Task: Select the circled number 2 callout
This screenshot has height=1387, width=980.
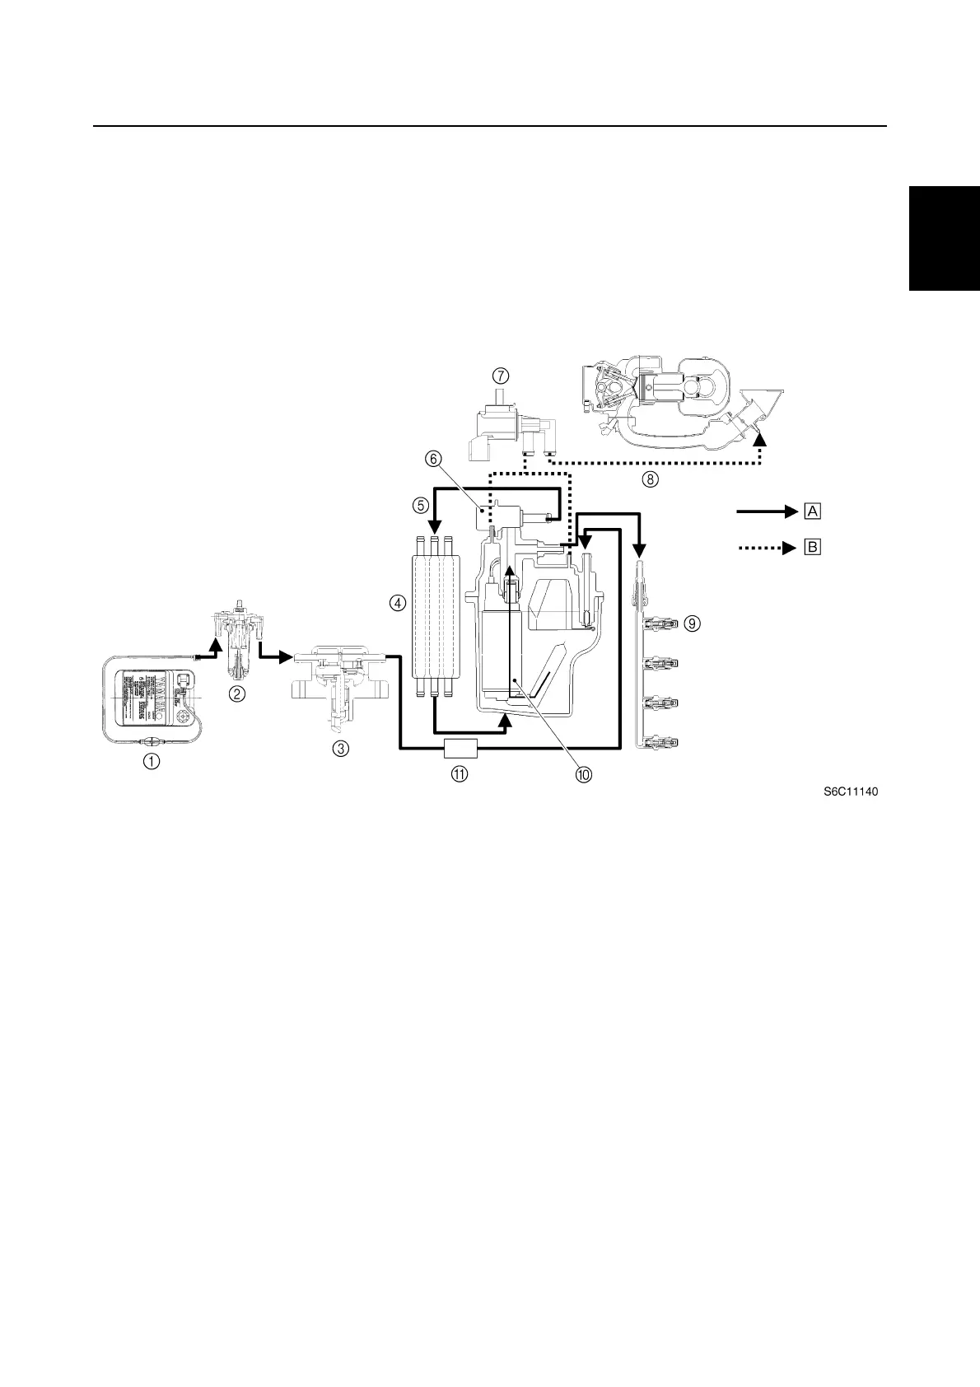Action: coord(236,693)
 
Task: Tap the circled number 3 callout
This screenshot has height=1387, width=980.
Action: coord(340,748)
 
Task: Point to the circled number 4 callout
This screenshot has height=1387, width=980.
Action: coord(398,603)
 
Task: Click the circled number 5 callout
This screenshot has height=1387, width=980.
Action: coord(420,503)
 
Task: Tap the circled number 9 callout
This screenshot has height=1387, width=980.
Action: coord(693,623)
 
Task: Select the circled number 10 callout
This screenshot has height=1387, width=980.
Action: coord(584,774)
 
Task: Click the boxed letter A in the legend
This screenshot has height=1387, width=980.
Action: coord(813,511)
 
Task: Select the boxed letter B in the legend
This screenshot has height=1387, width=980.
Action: coord(813,546)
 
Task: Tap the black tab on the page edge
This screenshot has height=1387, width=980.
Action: coord(944,238)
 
